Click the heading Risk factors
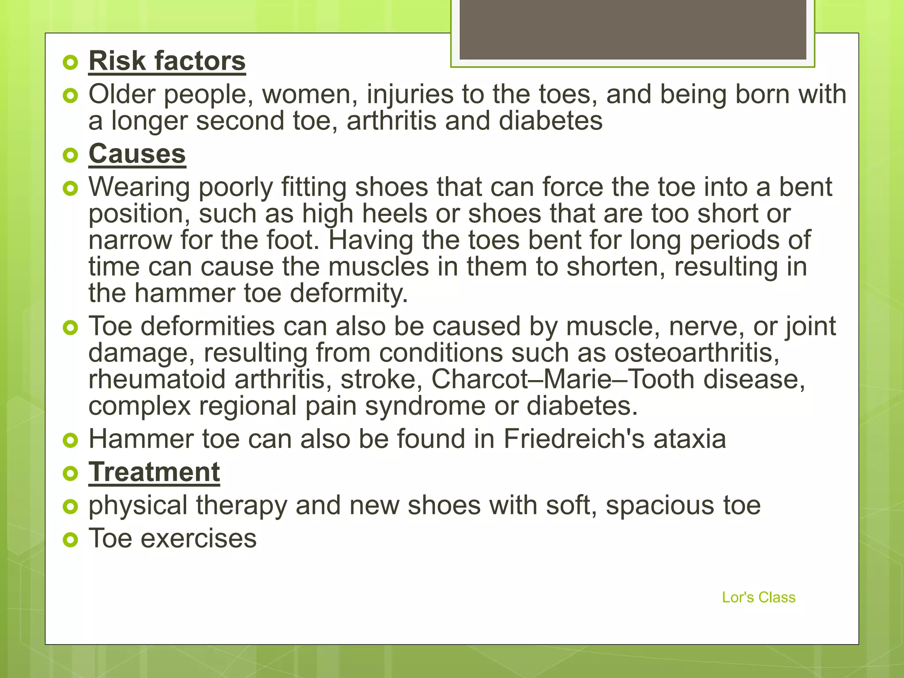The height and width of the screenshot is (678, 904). coord(167,61)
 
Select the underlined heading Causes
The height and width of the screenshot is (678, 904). coord(137,154)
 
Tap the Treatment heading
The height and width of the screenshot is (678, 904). coord(154,472)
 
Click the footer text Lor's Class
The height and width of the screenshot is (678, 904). coord(758,597)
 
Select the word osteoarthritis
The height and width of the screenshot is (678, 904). coord(697,353)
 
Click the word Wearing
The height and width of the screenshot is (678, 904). coord(139,187)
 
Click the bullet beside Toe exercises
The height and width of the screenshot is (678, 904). coord(70,539)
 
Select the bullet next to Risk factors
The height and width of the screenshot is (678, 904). coord(70,62)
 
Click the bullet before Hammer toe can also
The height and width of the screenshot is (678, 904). coord(70,440)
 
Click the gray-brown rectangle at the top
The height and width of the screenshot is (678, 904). coord(633,29)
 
